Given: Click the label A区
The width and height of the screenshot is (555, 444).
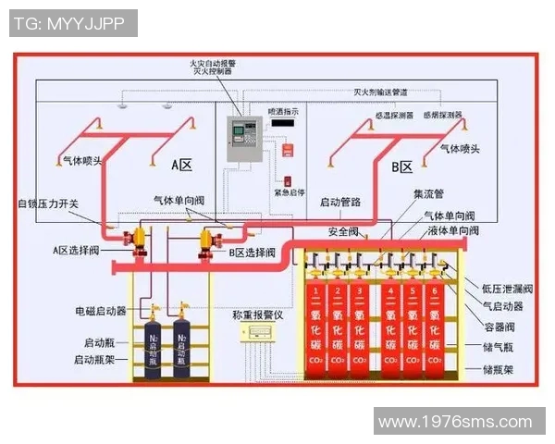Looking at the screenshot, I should (181, 166).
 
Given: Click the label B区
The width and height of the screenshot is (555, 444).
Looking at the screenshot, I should (402, 166).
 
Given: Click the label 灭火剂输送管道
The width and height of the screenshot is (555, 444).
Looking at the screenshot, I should (382, 93).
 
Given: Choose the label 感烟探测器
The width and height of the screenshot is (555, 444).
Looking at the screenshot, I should (442, 116).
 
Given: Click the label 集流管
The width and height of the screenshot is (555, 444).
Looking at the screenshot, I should (428, 195).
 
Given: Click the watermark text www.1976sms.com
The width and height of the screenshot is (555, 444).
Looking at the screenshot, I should (455, 422).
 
